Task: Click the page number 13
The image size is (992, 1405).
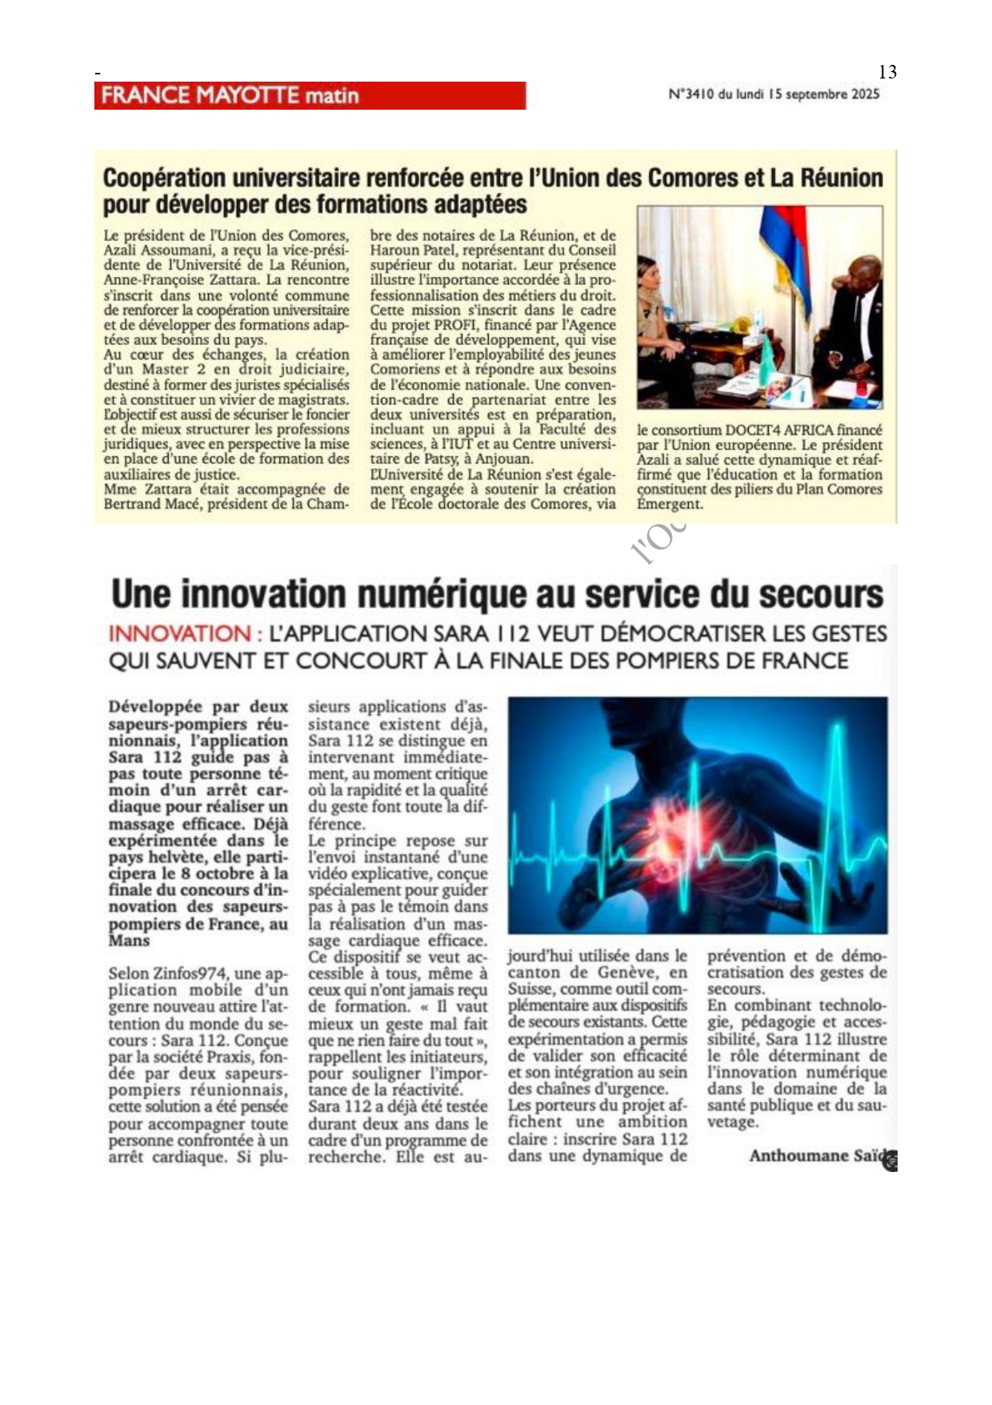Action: pos(887,72)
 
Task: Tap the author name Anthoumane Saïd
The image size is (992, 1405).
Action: pos(818,1156)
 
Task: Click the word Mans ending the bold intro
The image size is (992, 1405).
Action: pos(129,941)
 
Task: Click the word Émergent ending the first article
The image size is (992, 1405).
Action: pos(670,504)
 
